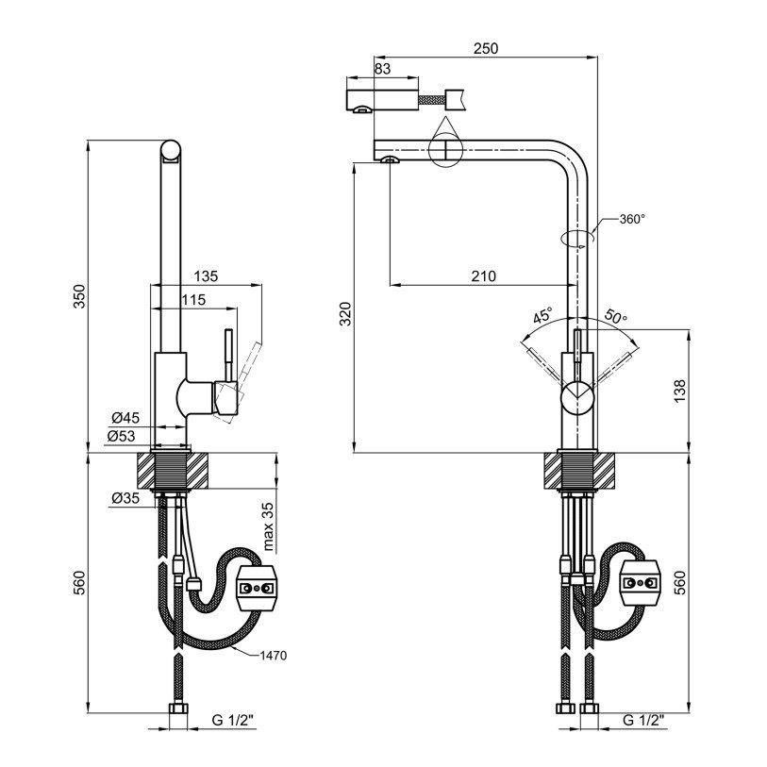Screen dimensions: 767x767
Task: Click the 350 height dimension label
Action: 80,296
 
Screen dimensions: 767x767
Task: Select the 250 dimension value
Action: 485,48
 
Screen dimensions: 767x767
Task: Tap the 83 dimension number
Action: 383,69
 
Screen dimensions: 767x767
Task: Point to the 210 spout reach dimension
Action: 483,275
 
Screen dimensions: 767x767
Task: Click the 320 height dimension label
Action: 345,314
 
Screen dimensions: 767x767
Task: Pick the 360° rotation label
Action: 632,220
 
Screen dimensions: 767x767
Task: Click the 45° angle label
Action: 542,316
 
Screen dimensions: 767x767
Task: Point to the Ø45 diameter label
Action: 125,418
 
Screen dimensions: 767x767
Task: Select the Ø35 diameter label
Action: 125,497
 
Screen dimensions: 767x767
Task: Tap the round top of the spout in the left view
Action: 171,150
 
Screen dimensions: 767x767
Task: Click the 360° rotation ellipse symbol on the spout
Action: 577,238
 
